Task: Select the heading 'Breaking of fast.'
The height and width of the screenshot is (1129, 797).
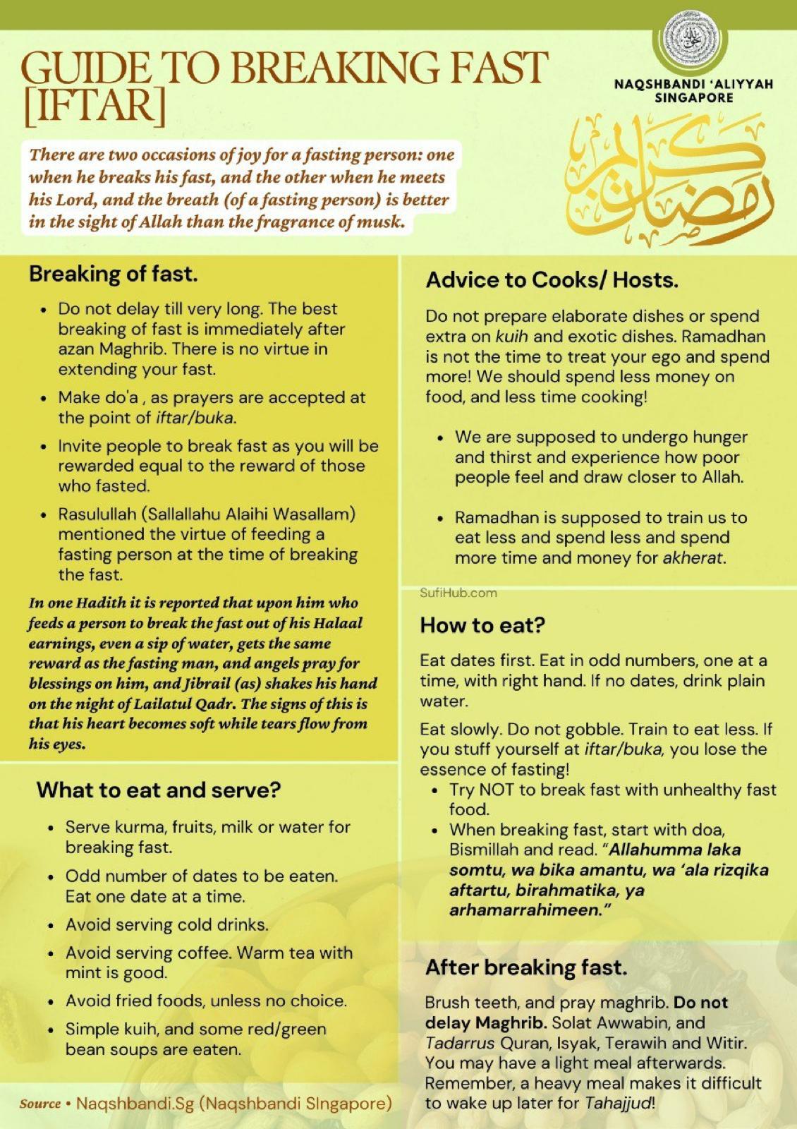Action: point(114,274)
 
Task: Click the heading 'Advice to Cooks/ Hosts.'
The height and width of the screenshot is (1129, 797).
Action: point(552,280)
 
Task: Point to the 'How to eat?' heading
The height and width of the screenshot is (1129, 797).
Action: point(483,625)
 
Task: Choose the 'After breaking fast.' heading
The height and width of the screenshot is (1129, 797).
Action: point(526,967)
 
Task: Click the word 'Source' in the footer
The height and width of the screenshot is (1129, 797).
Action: point(40,1104)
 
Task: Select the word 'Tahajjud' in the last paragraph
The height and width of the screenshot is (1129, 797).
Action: point(619,1103)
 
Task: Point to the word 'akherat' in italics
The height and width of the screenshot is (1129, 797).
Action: point(693,557)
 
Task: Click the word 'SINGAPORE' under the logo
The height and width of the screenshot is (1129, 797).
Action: point(694,97)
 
